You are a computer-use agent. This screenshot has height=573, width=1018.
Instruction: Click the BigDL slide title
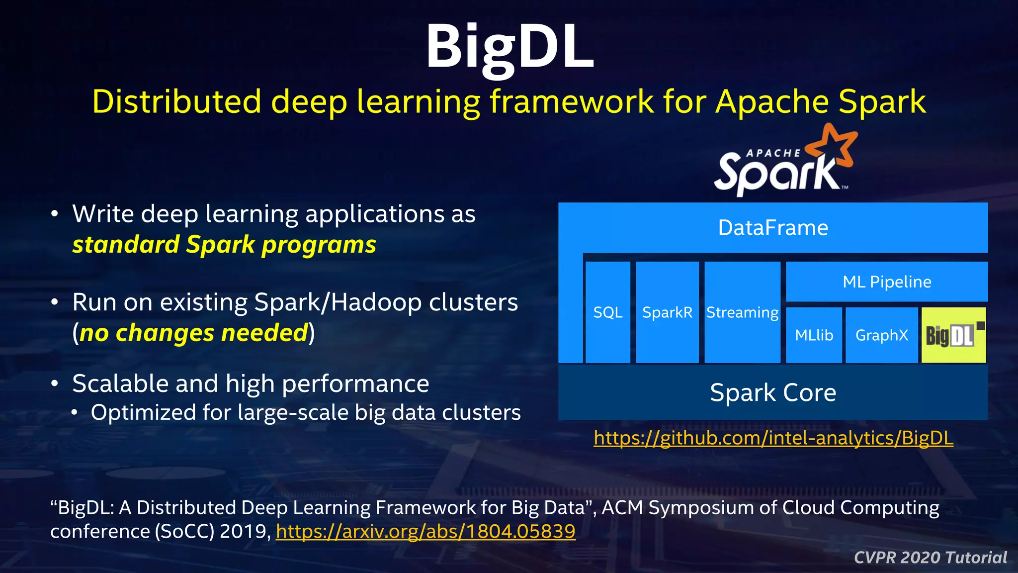click(x=509, y=47)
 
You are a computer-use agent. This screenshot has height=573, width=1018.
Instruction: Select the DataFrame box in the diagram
click(x=773, y=228)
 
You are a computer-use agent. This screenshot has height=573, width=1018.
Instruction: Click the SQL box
click(x=607, y=312)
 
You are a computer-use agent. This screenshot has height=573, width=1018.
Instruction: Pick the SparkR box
click(x=667, y=312)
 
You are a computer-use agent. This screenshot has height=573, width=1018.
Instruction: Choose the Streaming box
click(x=742, y=312)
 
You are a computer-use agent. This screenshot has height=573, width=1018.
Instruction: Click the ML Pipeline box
click(x=886, y=282)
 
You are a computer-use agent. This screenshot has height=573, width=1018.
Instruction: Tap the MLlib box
click(x=814, y=335)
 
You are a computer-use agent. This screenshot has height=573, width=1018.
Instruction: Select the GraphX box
click(x=881, y=335)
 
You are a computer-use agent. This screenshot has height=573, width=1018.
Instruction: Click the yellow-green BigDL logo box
click(x=953, y=335)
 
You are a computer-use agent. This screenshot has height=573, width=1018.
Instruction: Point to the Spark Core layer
click(x=773, y=392)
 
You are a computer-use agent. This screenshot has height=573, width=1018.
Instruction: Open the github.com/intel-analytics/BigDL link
click(x=773, y=438)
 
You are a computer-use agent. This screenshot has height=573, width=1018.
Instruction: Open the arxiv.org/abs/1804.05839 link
click(x=425, y=531)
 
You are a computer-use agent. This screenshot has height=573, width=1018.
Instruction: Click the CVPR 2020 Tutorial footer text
click(x=930, y=557)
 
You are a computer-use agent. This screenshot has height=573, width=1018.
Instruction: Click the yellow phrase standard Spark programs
click(x=224, y=245)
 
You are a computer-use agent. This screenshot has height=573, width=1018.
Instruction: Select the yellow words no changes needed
click(x=194, y=333)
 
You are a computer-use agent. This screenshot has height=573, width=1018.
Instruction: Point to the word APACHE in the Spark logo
click(x=773, y=153)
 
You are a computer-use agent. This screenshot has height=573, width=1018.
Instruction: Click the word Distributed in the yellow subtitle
click(x=176, y=101)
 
